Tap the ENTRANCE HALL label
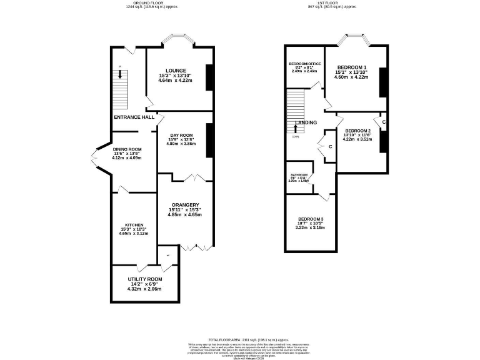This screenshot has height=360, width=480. click(134, 117)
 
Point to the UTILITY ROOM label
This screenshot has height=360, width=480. click(144, 279)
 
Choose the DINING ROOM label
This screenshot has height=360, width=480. click(127, 149)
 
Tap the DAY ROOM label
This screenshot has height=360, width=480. click(181, 134)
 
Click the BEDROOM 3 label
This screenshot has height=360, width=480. click(310, 219)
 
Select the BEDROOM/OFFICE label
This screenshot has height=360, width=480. click(304, 64)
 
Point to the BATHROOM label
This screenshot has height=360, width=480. click(297, 175)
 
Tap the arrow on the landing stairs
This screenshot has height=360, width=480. click(296, 129)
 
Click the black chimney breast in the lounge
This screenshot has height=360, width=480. click(210, 77)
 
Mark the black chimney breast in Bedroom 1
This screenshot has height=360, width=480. click(382, 82)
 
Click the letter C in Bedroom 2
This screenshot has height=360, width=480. click(384, 122)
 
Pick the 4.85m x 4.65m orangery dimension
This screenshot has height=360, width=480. click(184, 214)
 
